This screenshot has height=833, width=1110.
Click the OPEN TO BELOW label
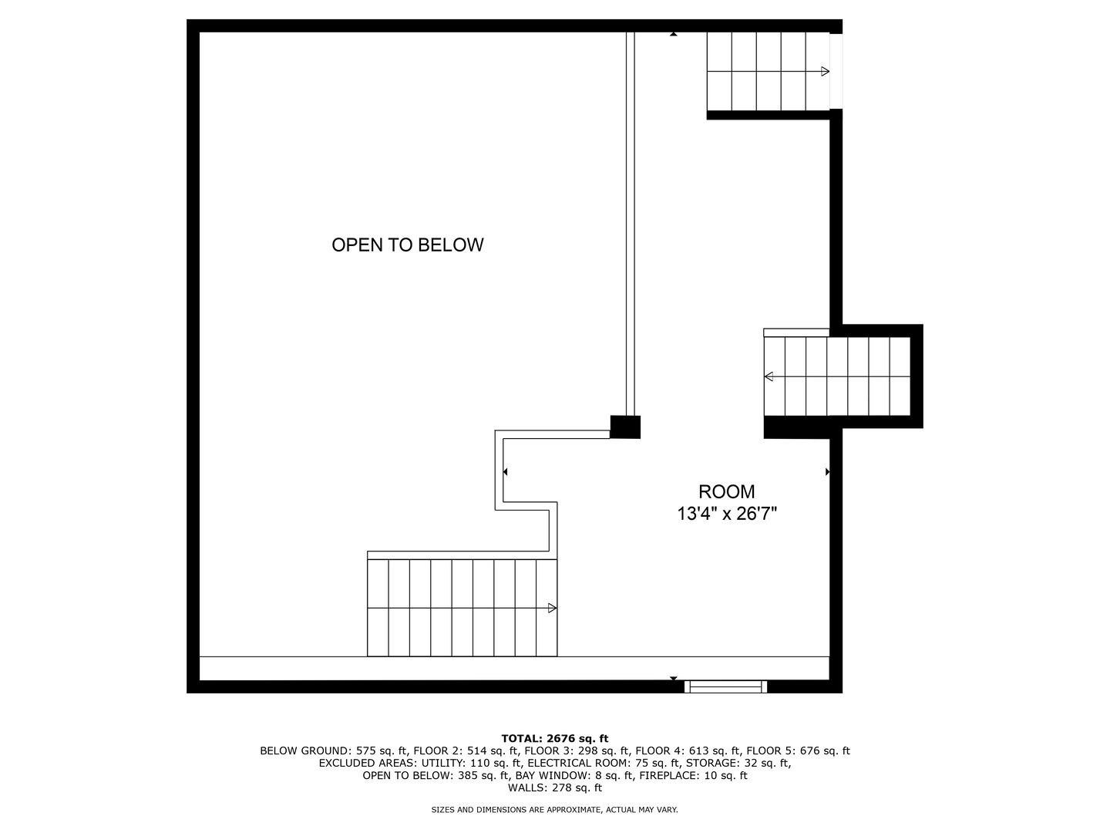coord(407,245)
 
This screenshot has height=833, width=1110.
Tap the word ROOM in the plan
coord(726,491)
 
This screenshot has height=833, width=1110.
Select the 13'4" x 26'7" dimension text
coord(727,514)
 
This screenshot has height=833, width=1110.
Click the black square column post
coord(625,427)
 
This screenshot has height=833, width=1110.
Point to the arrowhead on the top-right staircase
coord(825,71)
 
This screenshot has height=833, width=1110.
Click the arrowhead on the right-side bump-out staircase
coord(769,376)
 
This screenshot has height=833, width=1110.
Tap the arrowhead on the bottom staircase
coord(552,608)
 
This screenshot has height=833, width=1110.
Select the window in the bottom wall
coord(725,686)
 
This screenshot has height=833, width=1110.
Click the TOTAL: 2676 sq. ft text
coord(555,738)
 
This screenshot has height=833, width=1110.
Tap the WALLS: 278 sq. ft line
coord(555,787)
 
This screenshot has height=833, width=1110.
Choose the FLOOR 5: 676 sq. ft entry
coord(798,750)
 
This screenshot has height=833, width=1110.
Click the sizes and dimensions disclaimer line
coord(555,810)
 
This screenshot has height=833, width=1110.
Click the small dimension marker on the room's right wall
coord(827,472)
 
